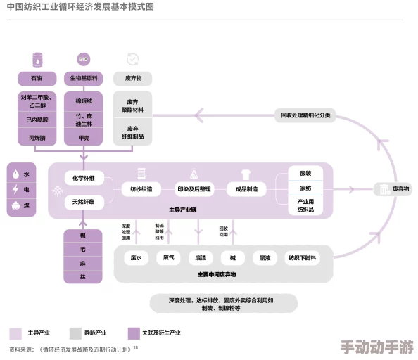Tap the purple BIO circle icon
84,59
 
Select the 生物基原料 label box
84,78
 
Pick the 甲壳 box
84,138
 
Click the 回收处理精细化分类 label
305,115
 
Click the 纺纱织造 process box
141,189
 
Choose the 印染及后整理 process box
194,189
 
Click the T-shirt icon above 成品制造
246,173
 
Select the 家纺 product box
305,188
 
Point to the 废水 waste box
136,258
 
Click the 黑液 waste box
264,258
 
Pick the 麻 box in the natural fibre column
83,263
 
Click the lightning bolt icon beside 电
15,190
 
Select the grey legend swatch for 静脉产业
75,333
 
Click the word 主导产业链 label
182,210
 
